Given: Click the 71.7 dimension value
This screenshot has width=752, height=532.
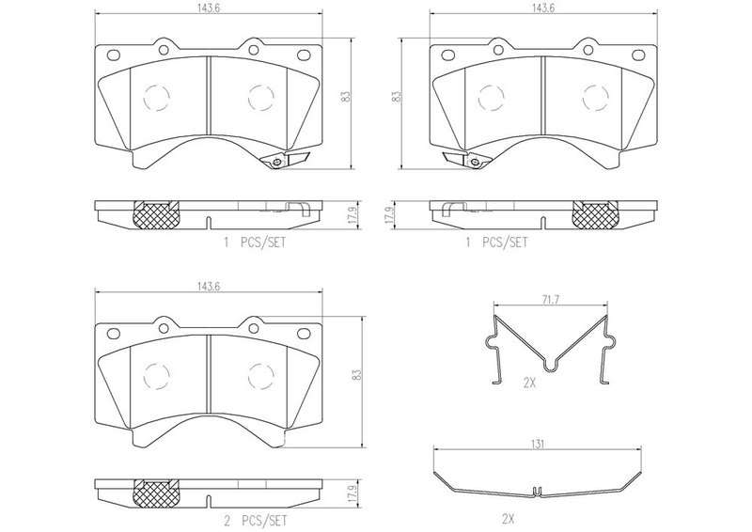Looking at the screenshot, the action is tap(551, 300).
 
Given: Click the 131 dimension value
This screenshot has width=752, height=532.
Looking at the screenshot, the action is tap(538, 445).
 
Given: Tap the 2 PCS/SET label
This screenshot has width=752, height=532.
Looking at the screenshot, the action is tap(256, 520).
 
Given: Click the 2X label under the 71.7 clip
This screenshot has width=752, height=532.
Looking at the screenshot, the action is tap(529, 383).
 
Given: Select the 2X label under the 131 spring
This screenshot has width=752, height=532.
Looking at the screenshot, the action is tap(508, 519).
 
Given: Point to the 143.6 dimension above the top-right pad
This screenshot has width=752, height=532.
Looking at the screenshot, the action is tap(543, 8).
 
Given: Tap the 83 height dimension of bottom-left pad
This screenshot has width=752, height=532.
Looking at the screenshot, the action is tap(356, 375).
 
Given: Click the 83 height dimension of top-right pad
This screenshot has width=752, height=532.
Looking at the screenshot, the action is tap(396, 97).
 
